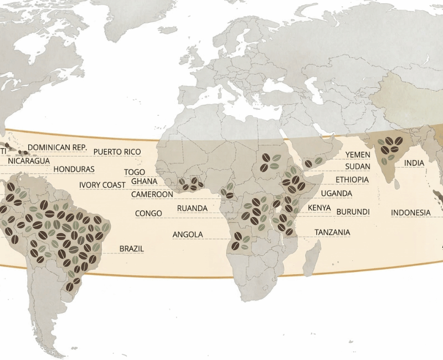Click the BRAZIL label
tap(132, 249)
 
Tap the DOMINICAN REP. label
tap(58, 148)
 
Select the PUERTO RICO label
tap(117, 152)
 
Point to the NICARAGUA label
tap(29, 161)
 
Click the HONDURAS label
tap(74, 169)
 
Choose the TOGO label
tap(135, 173)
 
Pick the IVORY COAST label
tap(102, 185)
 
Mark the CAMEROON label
tap(152, 194)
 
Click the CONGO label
tap(148, 214)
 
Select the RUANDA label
tap(192, 208)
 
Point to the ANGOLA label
tap(188, 235)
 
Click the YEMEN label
tap(358, 155)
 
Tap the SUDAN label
tap(358, 167)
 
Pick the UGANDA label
tap(337, 193)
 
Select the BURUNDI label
tap(353, 212)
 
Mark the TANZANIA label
tap(332, 233)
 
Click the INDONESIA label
tap(410, 213)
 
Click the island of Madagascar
tap(312, 260)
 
